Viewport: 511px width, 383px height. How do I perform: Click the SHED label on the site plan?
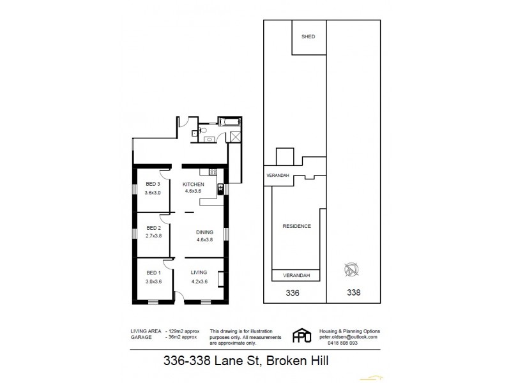308,37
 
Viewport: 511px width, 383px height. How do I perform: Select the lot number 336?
293,293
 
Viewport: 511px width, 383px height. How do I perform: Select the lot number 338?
353,293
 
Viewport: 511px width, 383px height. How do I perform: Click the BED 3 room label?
152,184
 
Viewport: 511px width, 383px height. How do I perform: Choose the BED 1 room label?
152,272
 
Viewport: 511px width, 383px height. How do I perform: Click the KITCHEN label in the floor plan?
194,184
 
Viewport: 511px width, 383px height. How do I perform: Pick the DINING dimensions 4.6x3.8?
204,240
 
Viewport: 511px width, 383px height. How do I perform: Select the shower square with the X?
234,135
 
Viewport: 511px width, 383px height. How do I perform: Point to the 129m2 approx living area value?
183,331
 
